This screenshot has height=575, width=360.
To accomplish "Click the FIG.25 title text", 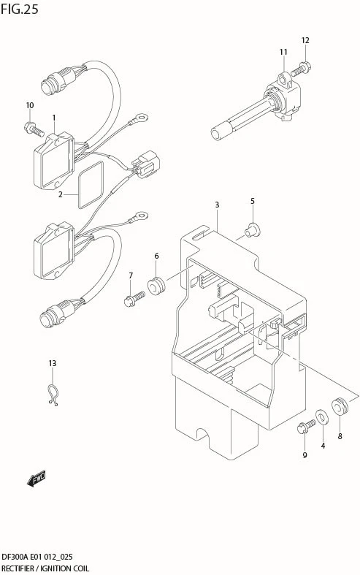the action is [x=20, y=9].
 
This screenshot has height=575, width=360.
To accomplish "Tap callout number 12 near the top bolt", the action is [x=305, y=40].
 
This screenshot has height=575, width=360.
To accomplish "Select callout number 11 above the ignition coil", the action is [x=283, y=52].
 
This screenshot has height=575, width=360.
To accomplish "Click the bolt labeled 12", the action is [x=301, y=69].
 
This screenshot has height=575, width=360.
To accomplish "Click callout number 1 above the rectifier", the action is [x=54, y=118].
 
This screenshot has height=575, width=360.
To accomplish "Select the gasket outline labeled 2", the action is [x=91, y=184].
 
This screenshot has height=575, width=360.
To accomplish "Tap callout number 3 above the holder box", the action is [x=217, y=205].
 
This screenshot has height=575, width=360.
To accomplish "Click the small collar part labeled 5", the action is [x=253, y=230].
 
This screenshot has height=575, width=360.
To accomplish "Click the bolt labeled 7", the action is [x=134, y=299].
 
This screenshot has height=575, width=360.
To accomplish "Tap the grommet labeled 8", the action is [x=340, y=406].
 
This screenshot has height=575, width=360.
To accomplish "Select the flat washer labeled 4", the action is [x=322, y=416].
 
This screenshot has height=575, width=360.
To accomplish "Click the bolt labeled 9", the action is [x=306, y=426].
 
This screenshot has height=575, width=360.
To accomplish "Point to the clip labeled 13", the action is [x=53, y=395].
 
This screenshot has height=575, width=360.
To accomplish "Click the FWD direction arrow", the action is [x=37, y=479].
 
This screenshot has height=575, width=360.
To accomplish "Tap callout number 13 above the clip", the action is [x=53, y=363].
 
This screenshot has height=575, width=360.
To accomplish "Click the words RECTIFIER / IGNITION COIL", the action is [x=45, y=568].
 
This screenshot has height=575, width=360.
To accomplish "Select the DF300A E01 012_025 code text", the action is [x=37, y=557].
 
